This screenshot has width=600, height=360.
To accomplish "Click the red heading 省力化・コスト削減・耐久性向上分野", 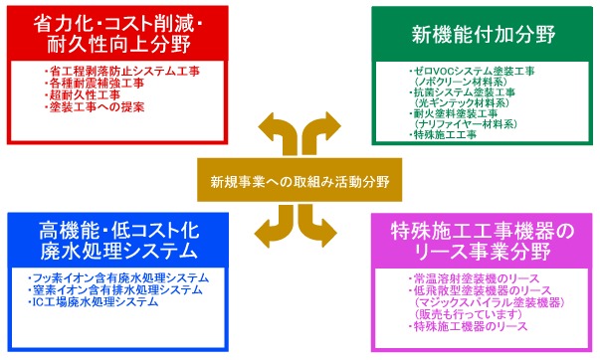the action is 113,36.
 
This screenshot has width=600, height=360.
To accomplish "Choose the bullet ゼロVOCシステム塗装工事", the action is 473,73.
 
